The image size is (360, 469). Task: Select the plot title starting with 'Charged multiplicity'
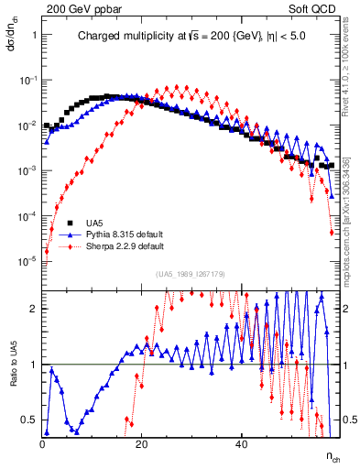point(191,38)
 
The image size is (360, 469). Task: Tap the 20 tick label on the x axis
point(142,444)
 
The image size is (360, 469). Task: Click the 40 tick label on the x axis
point(241,444)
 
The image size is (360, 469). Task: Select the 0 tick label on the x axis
point(43,444)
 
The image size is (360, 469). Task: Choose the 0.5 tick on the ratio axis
point(29,420)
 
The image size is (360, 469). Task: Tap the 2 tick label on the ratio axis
point(34,309)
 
